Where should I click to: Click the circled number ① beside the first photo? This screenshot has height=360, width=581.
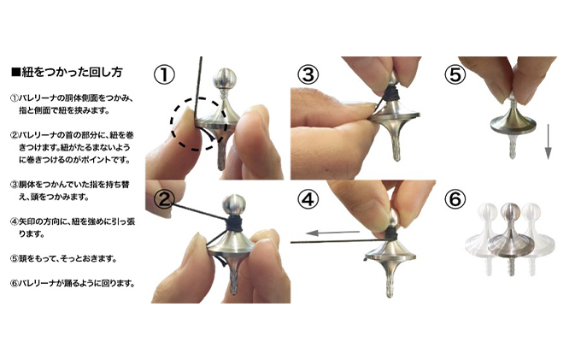tap(164, 74)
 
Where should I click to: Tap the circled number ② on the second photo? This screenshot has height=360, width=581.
tap(164, 199)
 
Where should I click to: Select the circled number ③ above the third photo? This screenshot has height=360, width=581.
tap(308, 74)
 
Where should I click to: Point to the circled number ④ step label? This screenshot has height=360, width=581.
tap(308, 199)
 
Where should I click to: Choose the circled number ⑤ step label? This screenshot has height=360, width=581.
tap(455, 74)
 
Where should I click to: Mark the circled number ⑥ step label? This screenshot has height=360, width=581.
tap(455, 199)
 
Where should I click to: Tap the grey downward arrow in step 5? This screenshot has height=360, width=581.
tap(548, 142)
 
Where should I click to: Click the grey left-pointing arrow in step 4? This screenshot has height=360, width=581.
tap(332, 233)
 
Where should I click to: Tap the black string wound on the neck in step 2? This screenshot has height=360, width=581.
tap(234, 221)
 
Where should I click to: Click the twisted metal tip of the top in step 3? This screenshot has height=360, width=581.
tap(396, 145)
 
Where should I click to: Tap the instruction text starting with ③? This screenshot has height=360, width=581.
tap(70, 191)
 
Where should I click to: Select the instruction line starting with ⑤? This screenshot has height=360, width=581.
tap(63, 259)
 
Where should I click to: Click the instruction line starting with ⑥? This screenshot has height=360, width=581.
tap(73, 284)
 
